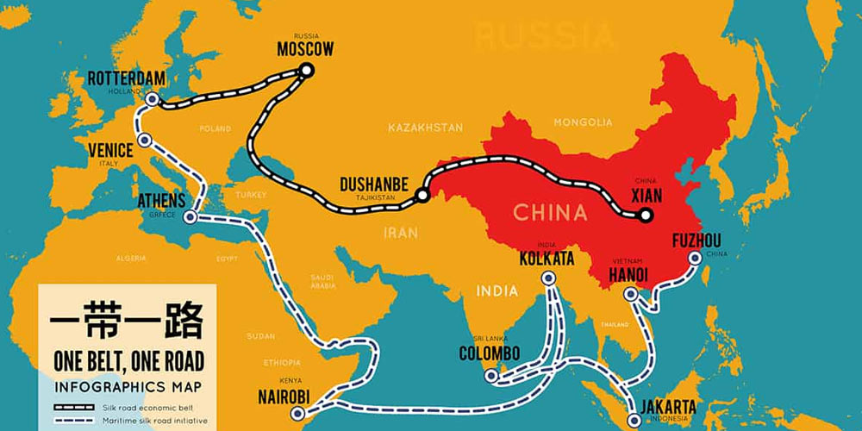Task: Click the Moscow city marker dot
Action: [x=305, y=71]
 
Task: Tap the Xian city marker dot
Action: [x=646, y=215]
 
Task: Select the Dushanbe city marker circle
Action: [x=422, y=196]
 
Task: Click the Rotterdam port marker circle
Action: [x=152, y=100]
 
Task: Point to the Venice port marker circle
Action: [x=145, y=139]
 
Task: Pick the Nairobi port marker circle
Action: [x=298, y=414]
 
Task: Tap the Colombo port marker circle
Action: [x=490, y=375]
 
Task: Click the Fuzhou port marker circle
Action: [x=695, y=257]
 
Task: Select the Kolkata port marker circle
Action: [x=547, y=278]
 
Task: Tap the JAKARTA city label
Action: [x=668, y=408]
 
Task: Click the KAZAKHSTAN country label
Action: [x=425, y=128]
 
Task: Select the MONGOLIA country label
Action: [x=583, y=122]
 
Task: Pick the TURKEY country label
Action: [x=253, y=195]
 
